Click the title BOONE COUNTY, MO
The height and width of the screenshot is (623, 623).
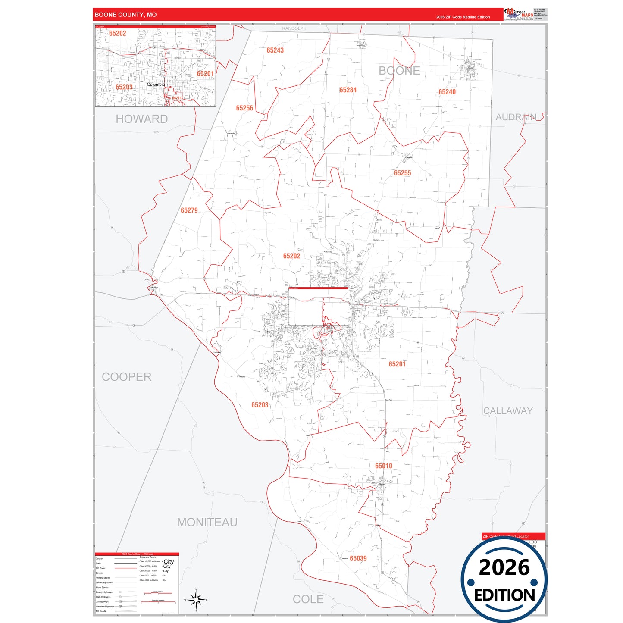pos(125,15)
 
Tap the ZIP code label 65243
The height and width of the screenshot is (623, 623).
pos(275,50)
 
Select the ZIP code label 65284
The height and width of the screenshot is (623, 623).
pos(348,90)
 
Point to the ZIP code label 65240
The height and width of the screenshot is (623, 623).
pos(447,92)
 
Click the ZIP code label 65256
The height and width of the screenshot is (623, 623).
pos(244,108)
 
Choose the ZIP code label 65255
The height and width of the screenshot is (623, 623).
pos(402,173)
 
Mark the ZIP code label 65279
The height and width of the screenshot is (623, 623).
pos(189,210)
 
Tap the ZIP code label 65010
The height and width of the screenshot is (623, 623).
pos(384,466)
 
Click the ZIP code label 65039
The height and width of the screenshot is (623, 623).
pos(358,558)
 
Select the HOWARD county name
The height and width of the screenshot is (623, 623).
pos(141,119)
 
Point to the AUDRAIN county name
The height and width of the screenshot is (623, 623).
pos(516,117)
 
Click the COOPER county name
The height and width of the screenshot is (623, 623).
pos(127,377)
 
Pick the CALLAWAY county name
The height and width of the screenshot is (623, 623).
pos(508,411)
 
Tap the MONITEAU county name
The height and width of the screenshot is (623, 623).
pos(207,523)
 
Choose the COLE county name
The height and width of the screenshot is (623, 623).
pos(308,599)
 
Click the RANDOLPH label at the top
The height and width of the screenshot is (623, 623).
pos(294,28)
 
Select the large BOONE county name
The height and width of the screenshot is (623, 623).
pos(399,71)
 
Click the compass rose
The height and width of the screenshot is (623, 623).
pos(196,599)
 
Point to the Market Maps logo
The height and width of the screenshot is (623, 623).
pos(519,14)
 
